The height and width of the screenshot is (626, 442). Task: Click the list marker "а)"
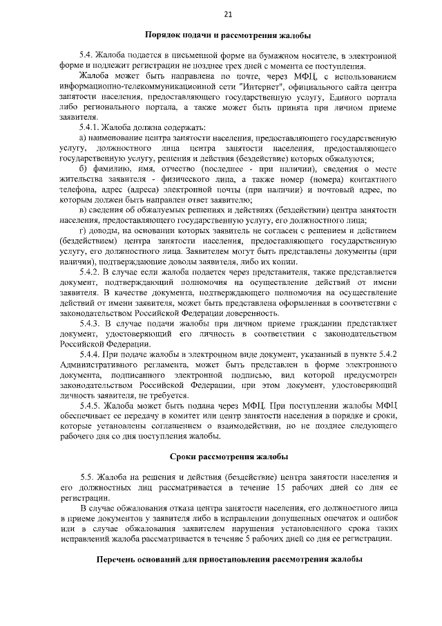[83, 139]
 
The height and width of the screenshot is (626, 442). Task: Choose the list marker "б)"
[83, 169]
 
